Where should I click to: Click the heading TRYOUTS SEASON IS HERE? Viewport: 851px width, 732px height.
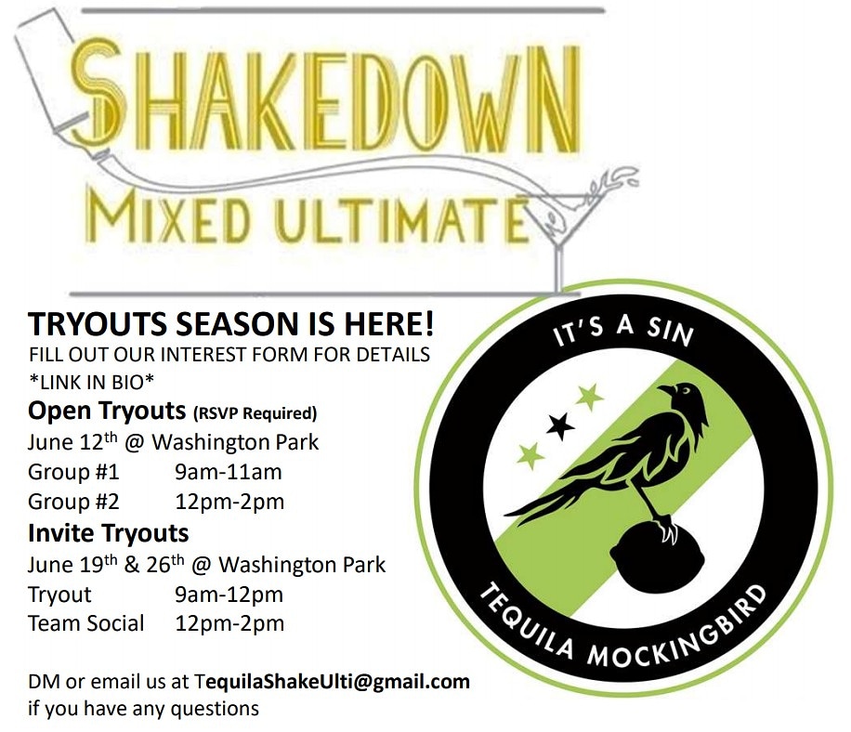[231, 324]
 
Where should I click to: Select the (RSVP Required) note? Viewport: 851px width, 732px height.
[255, 412]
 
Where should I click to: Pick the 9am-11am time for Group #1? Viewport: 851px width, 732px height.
[229, 472]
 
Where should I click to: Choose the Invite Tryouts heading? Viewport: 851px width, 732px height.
[109, 533]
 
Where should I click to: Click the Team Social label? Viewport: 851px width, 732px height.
[85, 623]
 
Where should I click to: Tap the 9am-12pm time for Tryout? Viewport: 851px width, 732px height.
[229, 594]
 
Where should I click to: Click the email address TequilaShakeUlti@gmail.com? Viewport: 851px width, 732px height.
[333, 681]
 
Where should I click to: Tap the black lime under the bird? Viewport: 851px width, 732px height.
[651, 557]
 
